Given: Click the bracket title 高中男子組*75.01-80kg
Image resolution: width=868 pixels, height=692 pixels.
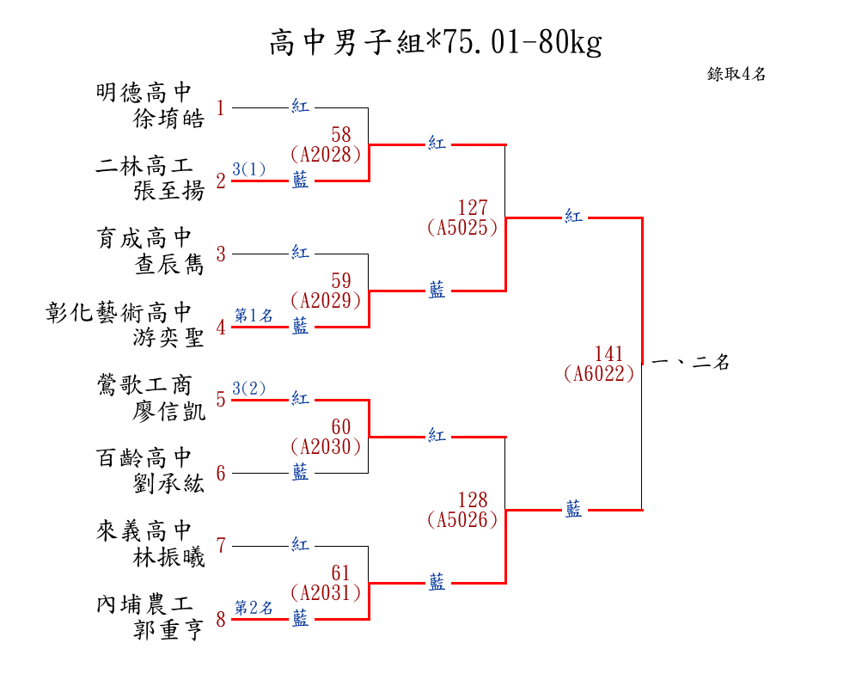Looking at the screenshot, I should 435,42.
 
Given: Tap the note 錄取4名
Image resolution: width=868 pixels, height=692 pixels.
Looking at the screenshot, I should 737,74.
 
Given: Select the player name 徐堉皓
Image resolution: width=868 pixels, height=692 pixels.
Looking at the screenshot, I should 169,119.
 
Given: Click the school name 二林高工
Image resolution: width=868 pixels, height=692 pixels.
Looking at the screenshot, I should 144,165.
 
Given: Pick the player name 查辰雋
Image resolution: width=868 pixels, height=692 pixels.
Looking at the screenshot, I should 169,265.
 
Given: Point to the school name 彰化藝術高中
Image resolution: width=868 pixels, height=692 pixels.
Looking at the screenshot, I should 119,311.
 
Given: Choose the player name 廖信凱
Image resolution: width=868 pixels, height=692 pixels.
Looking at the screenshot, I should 169,411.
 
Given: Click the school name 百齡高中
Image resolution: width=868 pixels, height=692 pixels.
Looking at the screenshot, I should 144,457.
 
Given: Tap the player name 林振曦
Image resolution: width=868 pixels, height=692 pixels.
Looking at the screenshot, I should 169,557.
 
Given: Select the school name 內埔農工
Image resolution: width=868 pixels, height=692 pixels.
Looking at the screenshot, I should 144,603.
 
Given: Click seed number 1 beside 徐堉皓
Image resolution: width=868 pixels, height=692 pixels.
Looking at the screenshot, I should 221,108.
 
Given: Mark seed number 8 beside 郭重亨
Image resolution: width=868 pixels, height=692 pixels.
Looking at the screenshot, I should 221,620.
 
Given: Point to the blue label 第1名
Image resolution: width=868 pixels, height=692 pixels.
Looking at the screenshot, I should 254,315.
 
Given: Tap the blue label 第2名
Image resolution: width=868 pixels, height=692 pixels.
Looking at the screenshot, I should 254,608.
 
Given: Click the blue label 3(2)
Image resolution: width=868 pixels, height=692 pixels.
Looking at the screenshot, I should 249,389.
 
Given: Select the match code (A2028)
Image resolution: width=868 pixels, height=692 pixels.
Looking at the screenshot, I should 325,154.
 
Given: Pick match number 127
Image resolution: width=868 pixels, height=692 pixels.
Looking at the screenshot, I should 473,208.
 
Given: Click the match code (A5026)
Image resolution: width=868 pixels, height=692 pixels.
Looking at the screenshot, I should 462,519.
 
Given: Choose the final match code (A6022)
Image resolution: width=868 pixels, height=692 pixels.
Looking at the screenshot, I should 600,373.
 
